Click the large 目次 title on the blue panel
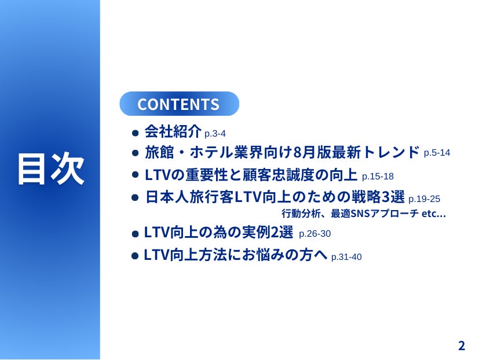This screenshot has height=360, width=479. (51, 169)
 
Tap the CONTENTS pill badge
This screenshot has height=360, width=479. (179, 104)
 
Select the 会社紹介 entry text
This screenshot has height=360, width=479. (173, 131)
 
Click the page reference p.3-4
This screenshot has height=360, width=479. (215, 134)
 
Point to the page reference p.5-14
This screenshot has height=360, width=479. (437, 153)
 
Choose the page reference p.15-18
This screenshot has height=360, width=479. (378, 177)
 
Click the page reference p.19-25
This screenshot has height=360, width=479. (424, 199)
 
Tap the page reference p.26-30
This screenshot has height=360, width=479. (315, 234)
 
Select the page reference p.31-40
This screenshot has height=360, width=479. (346, 257)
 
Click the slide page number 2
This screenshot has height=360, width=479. (462, 346)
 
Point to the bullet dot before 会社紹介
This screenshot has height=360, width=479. (135, 133)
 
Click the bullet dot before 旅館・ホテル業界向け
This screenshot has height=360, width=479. (135, 153)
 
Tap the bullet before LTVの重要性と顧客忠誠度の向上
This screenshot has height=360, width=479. (135, 175)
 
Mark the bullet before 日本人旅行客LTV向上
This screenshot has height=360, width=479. (135, 197)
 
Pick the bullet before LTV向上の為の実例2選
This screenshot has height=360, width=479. (135, 234)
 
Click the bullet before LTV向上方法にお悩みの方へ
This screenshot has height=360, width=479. (135, 256)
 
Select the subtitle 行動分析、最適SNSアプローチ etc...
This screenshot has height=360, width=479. (364, 214)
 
